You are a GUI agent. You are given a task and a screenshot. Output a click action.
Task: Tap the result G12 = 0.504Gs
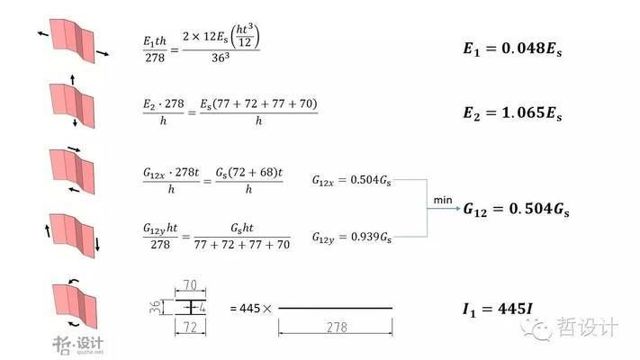tap(517, 209)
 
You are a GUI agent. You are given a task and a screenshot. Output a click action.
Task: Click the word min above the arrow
tap(442, 198)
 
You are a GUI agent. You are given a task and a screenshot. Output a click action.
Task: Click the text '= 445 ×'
tap(250, 309)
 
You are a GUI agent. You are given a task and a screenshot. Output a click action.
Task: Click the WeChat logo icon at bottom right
tap(541, 328)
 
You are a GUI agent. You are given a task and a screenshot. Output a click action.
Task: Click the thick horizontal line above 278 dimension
tap(335, 309)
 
